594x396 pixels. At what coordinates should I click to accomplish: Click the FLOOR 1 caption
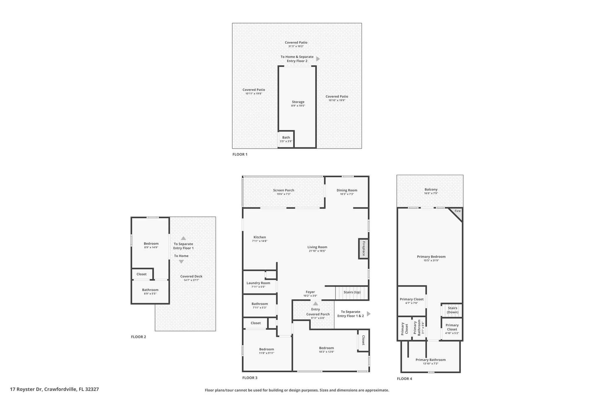tap(240, 154)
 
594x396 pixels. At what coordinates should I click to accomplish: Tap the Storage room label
tap(298, 102)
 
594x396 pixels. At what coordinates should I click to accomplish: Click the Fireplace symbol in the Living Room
tap(363, 249)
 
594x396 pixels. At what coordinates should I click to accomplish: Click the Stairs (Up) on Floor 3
tap(352, 292)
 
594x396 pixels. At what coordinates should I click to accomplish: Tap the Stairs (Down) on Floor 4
tap(452, 310)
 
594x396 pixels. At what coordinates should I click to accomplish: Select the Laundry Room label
tap(258, 283)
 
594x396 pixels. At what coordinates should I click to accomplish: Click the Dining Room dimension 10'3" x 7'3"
tap(347, 194)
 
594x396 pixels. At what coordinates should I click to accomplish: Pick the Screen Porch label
tap(283, 190)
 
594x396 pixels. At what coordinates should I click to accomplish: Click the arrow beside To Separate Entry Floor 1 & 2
tap(369, 314)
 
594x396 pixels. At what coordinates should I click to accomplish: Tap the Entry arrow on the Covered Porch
tap(316, 303)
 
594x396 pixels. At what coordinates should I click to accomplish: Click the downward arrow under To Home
tap(181, 262)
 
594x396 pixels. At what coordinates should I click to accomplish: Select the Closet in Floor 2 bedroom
tap(142, 274)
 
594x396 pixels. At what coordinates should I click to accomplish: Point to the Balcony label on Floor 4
tap(431, 189)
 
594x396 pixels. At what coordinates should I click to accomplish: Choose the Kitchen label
tap(260, 237)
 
